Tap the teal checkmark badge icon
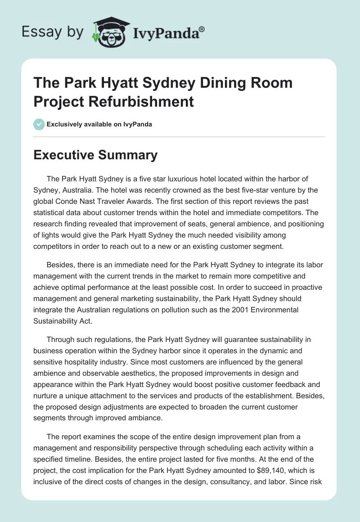[39, 124]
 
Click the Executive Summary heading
[96, 155]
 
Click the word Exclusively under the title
[66, 125]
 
